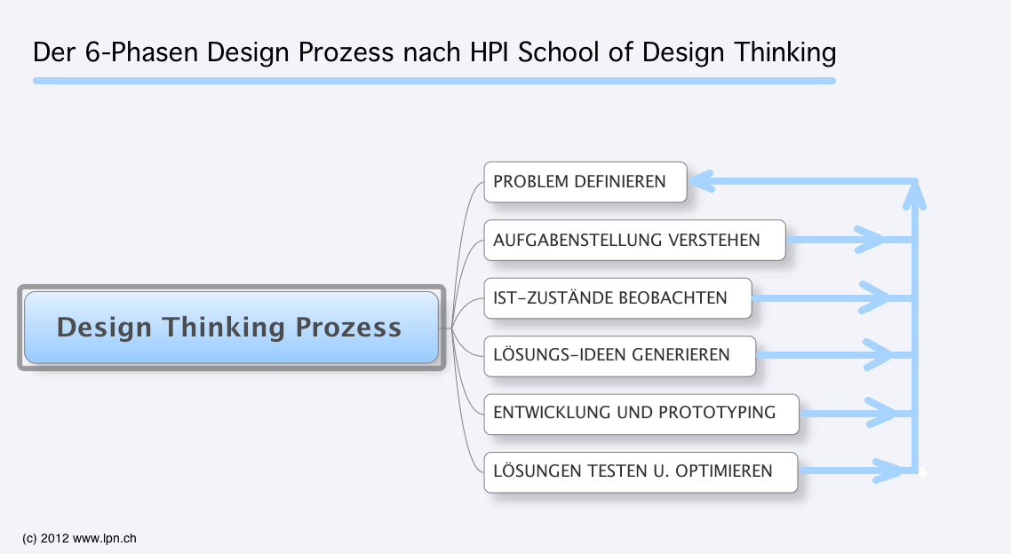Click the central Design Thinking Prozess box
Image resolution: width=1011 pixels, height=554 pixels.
coord(232,328)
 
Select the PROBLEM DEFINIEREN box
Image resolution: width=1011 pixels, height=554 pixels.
coord(585,182)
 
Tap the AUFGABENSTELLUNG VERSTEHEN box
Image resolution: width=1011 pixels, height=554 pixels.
coord(634,241)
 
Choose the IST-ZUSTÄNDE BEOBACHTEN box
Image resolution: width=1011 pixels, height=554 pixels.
coord(617,298)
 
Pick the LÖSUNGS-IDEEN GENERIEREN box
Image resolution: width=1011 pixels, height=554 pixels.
coord(619,356)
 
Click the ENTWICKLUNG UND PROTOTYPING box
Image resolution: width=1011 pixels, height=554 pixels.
coord(641,415)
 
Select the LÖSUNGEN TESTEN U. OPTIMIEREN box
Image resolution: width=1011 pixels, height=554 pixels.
coord(641,472)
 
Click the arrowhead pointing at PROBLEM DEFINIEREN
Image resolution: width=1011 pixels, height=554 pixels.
coord(702,181)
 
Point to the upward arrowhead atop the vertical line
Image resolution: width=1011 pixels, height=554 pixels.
coord(914,195)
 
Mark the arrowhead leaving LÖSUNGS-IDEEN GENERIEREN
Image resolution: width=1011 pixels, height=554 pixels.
coord(878,354)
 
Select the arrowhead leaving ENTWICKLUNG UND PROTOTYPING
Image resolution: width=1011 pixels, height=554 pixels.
coord(881,412)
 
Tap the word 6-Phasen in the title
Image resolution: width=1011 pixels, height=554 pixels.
coord(141,52)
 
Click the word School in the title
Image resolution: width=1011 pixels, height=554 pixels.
coord(559,52)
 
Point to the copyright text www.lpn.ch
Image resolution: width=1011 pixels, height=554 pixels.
coord(105,539)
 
